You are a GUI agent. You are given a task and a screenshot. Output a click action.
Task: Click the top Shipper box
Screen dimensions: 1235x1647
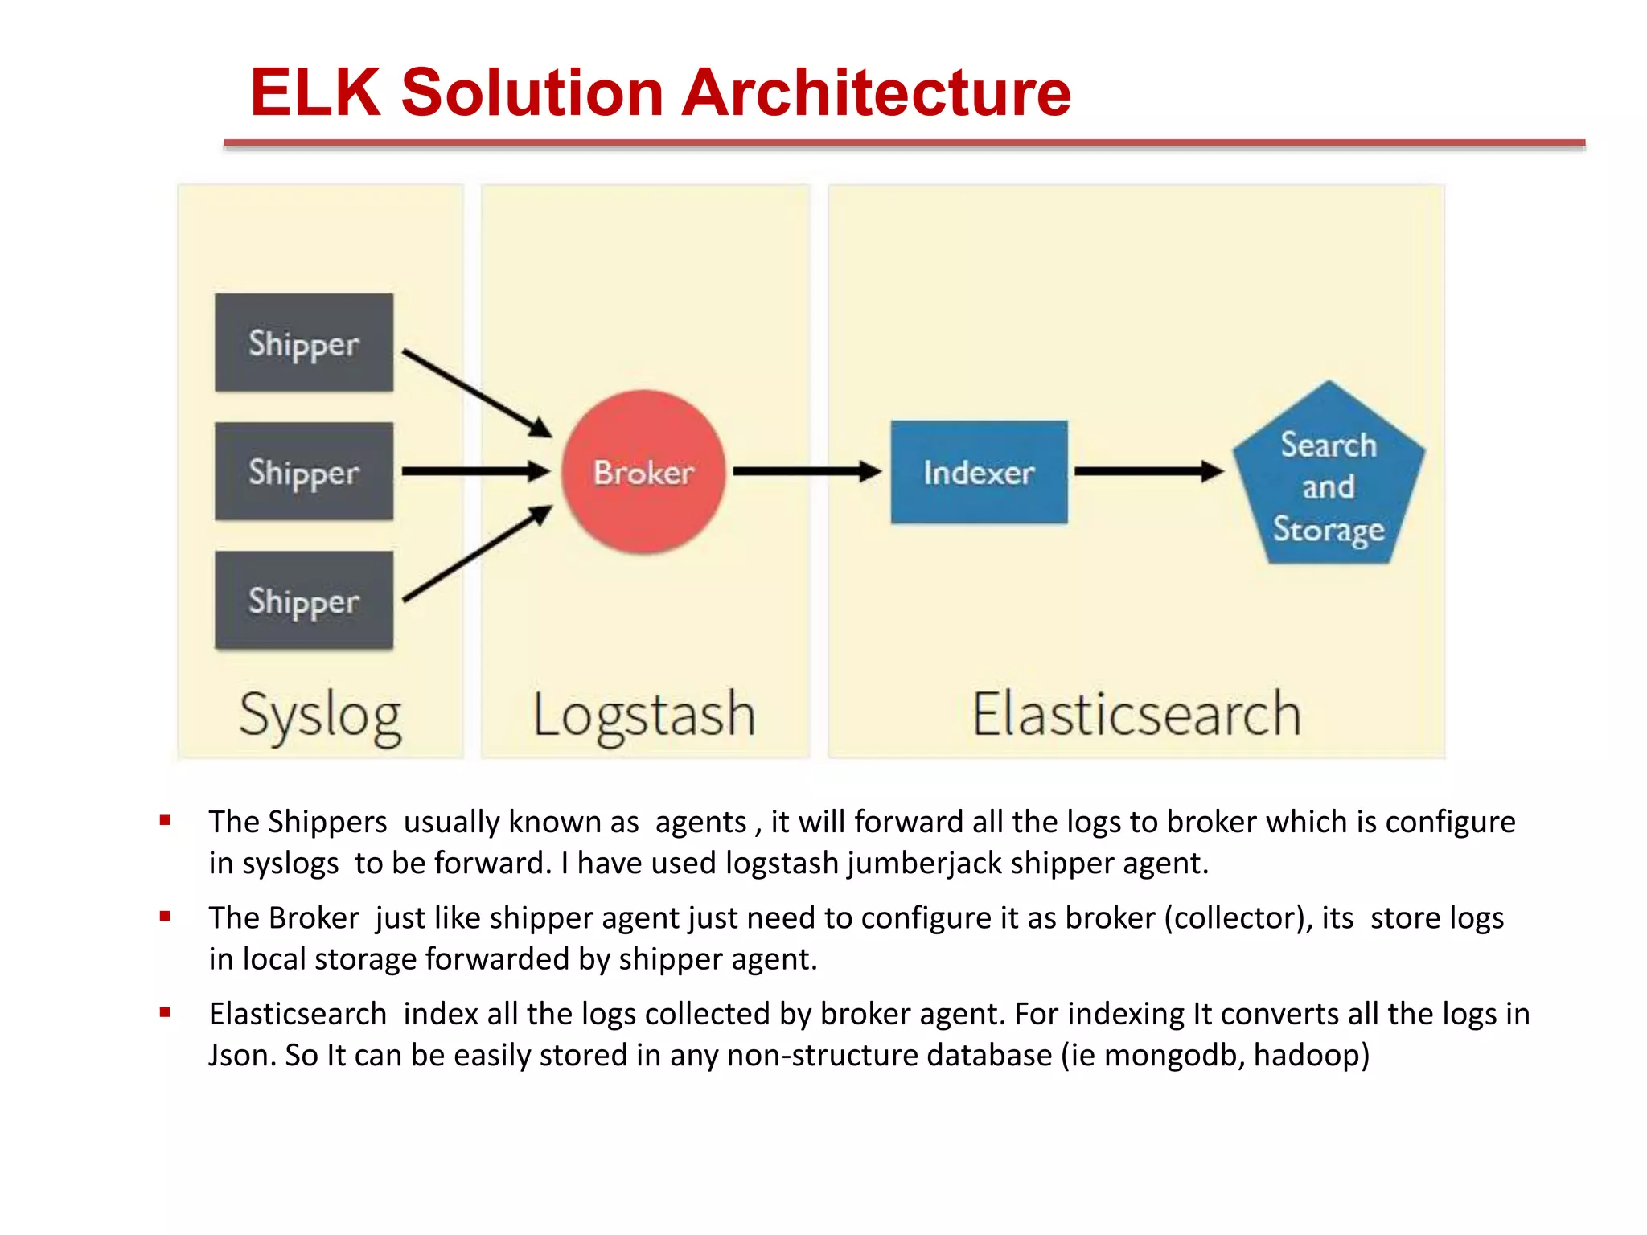(x=304, y=343)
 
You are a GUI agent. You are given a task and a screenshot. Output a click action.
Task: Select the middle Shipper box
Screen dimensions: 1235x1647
(x=304, y=472)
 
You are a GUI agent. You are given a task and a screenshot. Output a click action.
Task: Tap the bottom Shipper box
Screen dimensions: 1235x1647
(x=304, y=601)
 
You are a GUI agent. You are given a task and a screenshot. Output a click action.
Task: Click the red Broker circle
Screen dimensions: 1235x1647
(x=643, y=472)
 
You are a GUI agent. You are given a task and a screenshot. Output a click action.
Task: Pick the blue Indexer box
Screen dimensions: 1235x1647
(x=979, y=472)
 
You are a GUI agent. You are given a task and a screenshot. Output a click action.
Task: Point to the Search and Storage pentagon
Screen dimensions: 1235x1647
(x=1329, y=482)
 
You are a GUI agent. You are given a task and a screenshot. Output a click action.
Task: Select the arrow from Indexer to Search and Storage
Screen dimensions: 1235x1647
(x=1148, y=471)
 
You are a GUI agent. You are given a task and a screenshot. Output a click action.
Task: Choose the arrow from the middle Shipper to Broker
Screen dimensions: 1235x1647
(x=474, y=471)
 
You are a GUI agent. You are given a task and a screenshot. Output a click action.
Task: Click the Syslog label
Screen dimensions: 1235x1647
(x=320, y=715)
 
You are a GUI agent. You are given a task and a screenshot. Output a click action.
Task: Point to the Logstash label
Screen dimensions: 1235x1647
(x=644, y=715)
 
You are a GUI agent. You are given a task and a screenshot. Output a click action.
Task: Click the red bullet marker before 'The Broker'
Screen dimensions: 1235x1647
(x=165, y=916)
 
